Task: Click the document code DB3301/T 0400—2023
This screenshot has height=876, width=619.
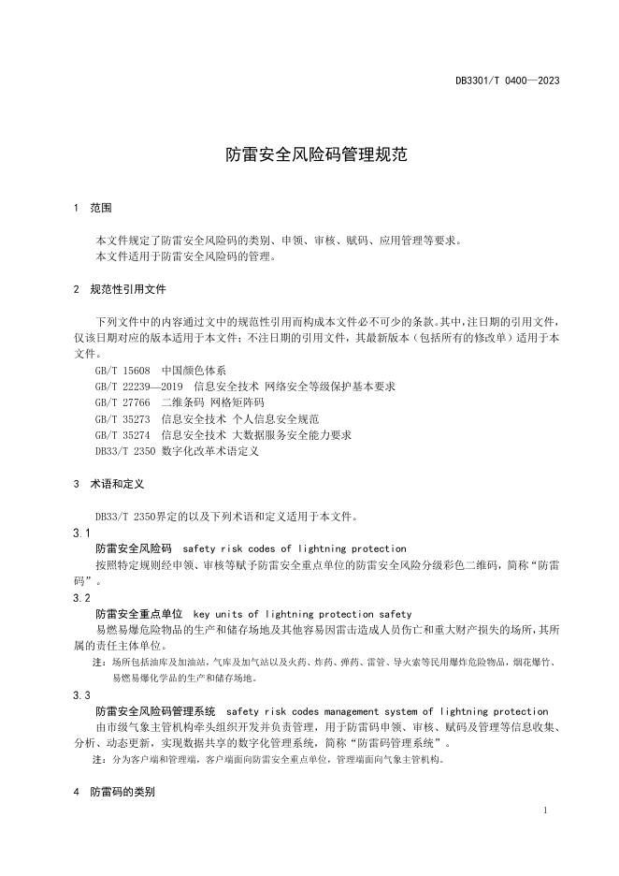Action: click(x=507, y=80)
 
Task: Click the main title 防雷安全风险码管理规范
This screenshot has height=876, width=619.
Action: click(x=316, y=154)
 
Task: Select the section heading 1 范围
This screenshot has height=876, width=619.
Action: click(x=93, y=208)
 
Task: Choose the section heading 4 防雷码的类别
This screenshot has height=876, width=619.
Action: click(x=113, y=792)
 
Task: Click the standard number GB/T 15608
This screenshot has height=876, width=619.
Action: click(x=123, y=370)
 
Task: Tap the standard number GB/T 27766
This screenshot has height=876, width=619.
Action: click(x=123, y=402)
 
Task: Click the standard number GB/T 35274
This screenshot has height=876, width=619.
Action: click(x=123, y=434)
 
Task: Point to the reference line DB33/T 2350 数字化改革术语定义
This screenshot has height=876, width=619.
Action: click(x=177, y=451)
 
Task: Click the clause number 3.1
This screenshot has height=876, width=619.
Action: click(x=81, y=533)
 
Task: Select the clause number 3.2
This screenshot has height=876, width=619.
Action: click(x=81, y=597)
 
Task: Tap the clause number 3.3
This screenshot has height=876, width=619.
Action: click(x=81, y=695)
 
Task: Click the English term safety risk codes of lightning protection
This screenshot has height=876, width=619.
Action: click(x=295, y=548)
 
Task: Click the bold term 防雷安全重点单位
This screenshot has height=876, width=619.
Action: click(x=138, y=614)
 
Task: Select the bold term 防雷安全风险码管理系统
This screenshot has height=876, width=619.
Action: click(x=155, y=712)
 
